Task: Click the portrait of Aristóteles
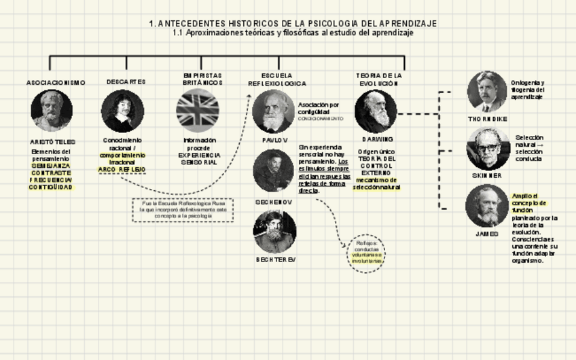(x=52, y=110)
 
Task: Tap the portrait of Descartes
(x=122, y=110)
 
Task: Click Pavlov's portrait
(x=273, y=111)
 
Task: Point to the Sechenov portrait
(x=273, y=170)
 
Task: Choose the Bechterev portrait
(x=274, y=232)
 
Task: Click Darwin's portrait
(x=376, y=111)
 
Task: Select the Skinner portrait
(x=488, y=149)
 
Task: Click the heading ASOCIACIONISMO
(x=56, y=83)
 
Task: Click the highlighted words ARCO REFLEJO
(x=122, y=169)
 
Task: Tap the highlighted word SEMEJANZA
(x=50, y=165)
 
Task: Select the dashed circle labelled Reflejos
(x=366, y=253)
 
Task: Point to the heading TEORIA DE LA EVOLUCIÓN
(x=379, y=79)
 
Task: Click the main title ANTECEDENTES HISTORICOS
(x=293, y=23)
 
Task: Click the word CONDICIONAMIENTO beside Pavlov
(x=320, y=118)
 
